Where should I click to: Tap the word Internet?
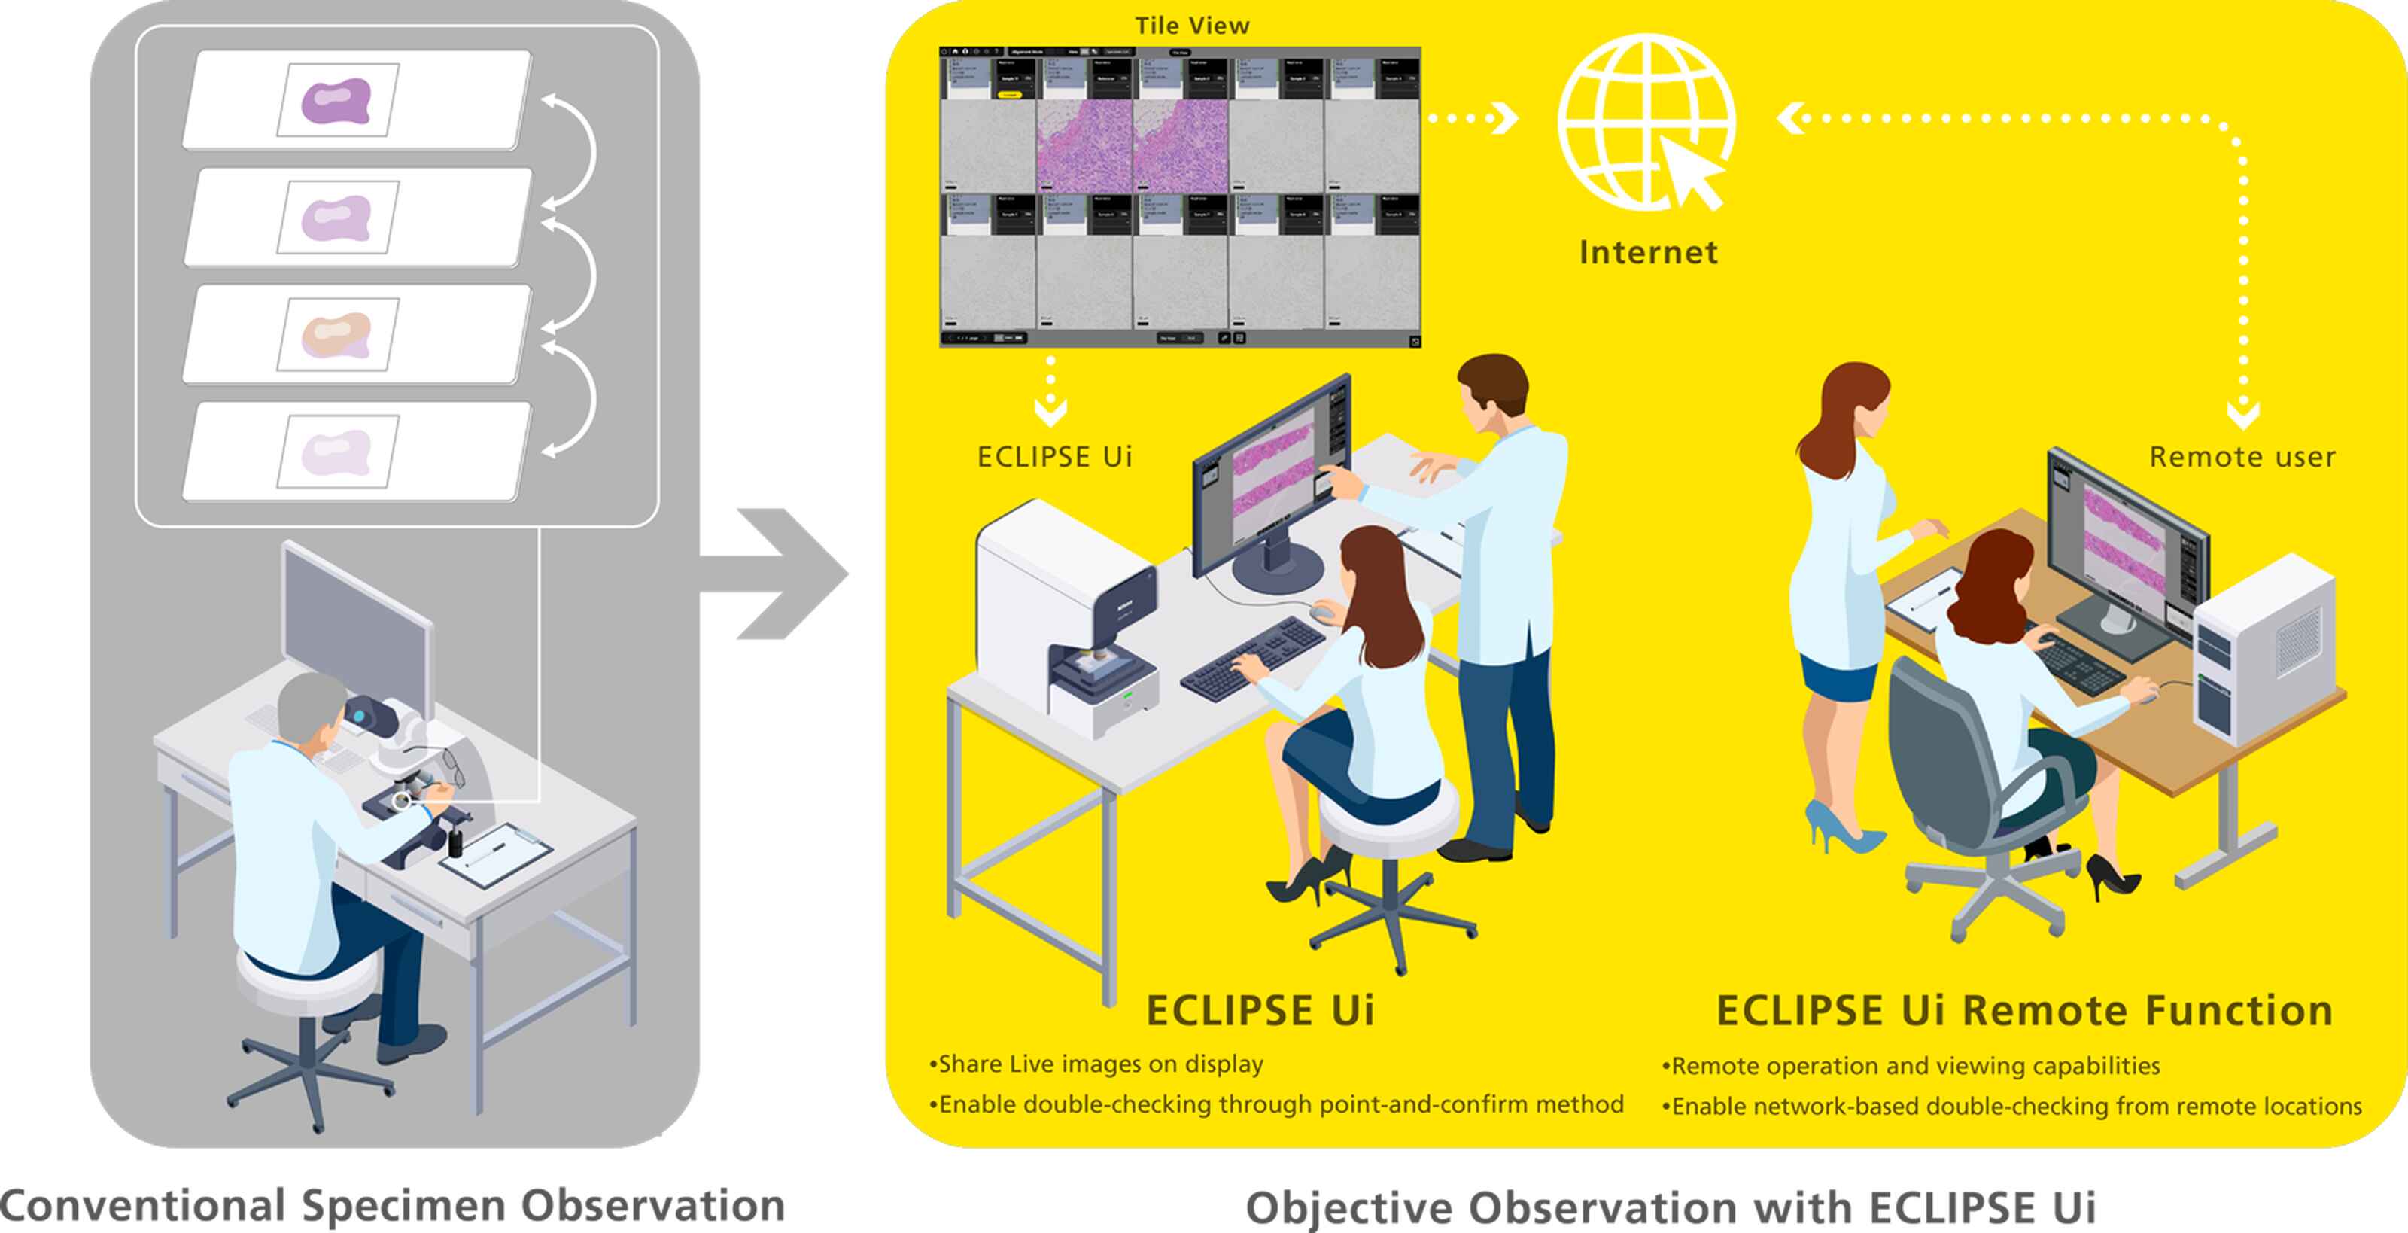(1648, 252)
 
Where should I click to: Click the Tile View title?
(1192, 26)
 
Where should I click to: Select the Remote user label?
(2242, 457)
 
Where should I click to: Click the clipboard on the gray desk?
(495, 854)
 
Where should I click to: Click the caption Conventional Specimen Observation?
(393, 1205)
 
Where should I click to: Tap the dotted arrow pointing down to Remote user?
(2243, 411)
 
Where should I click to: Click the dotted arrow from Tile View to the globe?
(1473, 119)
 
